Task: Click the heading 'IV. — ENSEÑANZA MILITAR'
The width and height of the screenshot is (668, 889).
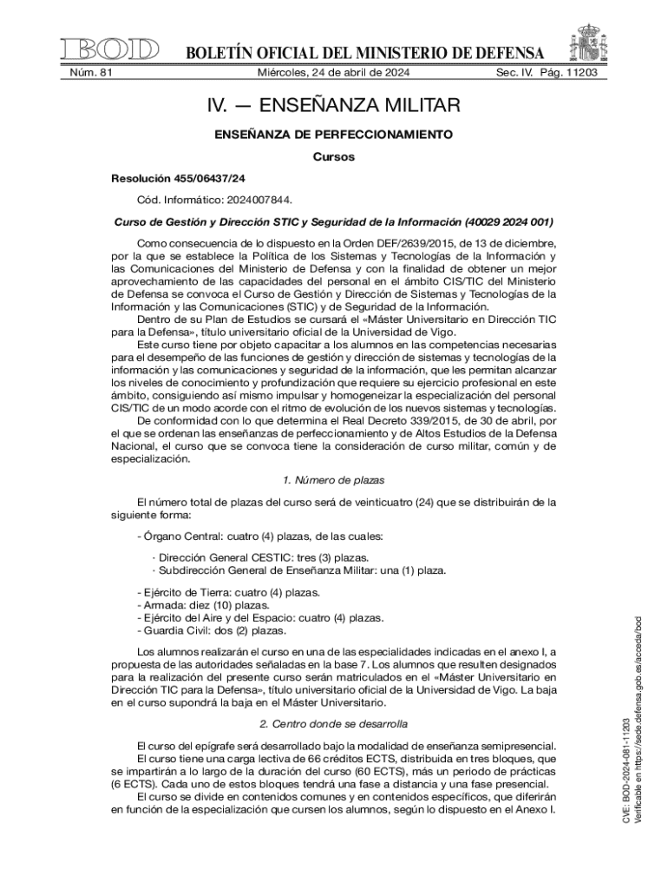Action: click(333, 107)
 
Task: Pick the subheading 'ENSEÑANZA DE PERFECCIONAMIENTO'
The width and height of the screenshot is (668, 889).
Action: click(334, 135)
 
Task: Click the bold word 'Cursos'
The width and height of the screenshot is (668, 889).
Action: click(334, 157)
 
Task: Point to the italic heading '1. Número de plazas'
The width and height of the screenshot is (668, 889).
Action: click(334, 480)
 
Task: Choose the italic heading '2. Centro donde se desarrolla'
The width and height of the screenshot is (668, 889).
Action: click(334, 723)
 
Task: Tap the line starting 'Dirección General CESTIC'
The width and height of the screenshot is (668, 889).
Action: click(260, 557)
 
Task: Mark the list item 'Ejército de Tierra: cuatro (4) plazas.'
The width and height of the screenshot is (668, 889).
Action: click(229, 592)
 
